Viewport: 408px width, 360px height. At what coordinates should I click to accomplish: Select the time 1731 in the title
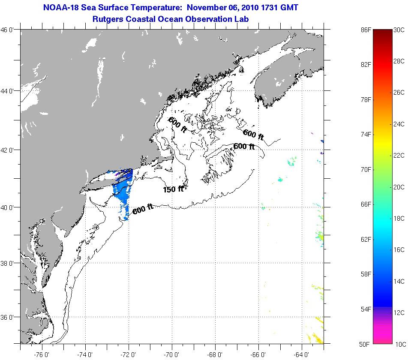267,8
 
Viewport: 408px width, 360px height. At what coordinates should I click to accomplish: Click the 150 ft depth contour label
173,189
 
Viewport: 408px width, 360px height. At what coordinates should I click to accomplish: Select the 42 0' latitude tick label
8,150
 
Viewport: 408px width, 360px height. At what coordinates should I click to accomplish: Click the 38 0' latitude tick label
8,263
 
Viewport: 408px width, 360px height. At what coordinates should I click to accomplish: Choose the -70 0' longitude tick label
172,354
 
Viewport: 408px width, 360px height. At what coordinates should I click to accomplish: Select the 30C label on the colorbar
399,30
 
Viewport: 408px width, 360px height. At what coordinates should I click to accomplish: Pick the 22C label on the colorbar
399,155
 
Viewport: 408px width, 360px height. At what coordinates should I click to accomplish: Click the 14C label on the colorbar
399,281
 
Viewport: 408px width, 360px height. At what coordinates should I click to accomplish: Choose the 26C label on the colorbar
399,93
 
